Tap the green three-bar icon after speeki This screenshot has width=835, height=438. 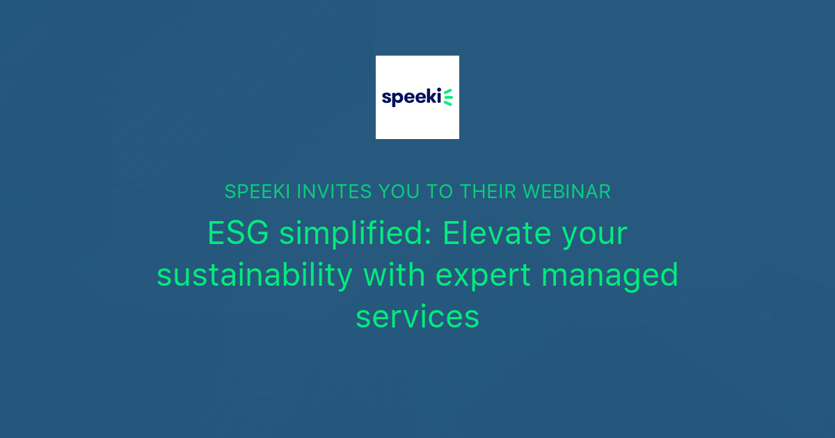pyautogui.click(x=448, y=97)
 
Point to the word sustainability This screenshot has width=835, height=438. pyautogui.click(x=255, y=275)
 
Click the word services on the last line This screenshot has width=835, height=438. pyautogui.click(x=417, y=317)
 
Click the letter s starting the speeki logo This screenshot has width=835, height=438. pyautogui.click(x=386, y=99)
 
